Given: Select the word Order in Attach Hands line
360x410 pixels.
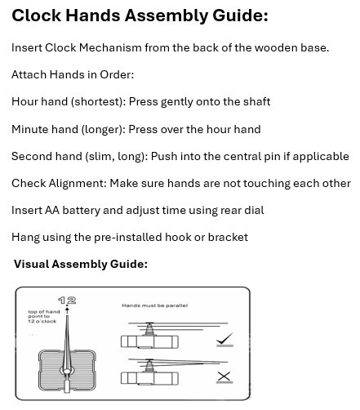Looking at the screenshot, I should click(x=116, y=74).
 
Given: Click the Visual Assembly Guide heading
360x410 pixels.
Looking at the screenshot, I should click(x=80, y=264).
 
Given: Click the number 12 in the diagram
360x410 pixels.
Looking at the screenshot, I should click(x=67, y=301).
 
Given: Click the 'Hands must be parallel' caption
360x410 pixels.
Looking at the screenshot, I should click(x=154, y=305).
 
